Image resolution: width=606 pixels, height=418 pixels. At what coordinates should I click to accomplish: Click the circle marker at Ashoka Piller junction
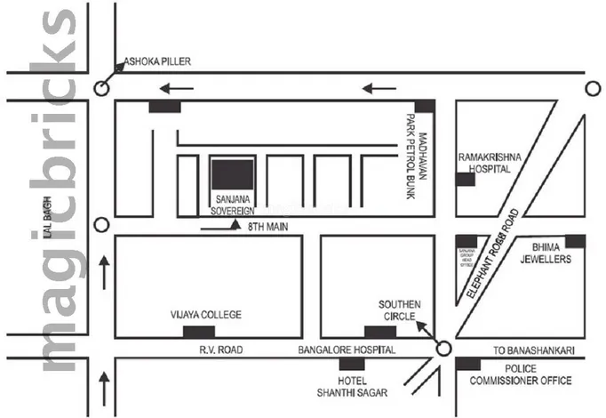[102, 88]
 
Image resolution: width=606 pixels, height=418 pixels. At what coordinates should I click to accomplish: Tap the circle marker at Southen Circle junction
[445, 349]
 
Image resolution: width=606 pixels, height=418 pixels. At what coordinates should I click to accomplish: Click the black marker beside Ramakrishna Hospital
[465, 180]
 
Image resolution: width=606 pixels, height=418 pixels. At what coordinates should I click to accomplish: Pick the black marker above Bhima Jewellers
[575, 241]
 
